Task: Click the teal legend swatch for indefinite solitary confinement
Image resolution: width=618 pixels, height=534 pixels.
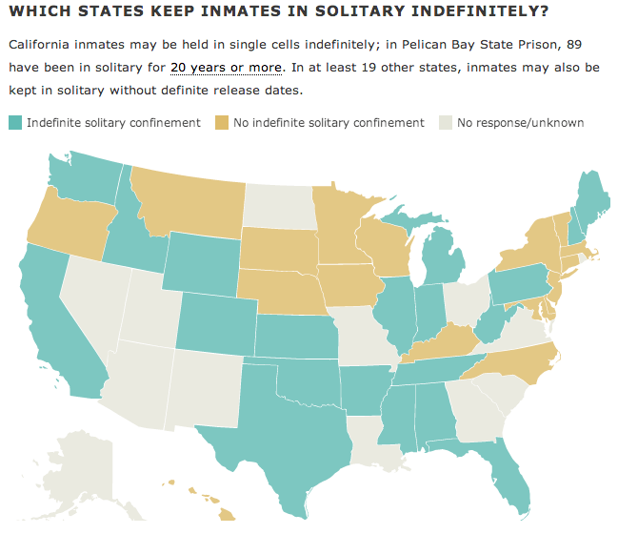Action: coord(15,123)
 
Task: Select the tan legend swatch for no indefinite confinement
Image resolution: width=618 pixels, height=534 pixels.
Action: coord(222,123)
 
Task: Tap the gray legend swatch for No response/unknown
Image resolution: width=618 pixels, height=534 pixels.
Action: coord(445,123)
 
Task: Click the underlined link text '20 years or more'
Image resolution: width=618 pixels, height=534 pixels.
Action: coord(226,68)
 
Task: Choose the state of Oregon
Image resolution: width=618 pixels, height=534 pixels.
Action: coord(67,224)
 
